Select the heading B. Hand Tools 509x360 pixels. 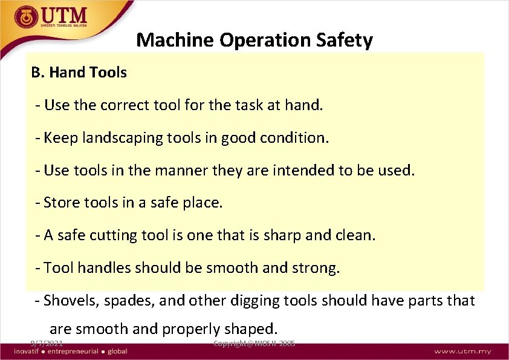(79, 73)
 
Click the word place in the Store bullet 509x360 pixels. (203, 202)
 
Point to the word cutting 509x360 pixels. (114, 235)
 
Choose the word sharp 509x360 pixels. (296, 235)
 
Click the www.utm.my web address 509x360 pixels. (462, 351)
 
